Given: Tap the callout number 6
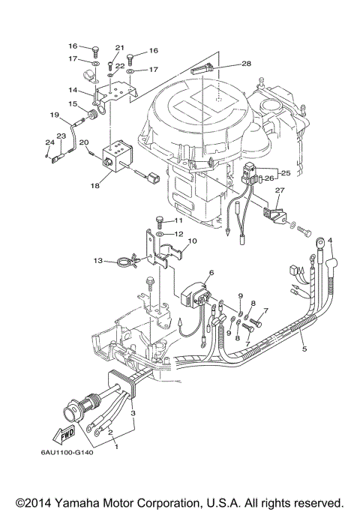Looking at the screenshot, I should [x=211, y=273].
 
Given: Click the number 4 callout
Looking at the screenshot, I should [x=329, y=241].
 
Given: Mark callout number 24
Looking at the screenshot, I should [x=49, y=142].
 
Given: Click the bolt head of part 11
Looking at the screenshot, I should [x=159, y=220].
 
